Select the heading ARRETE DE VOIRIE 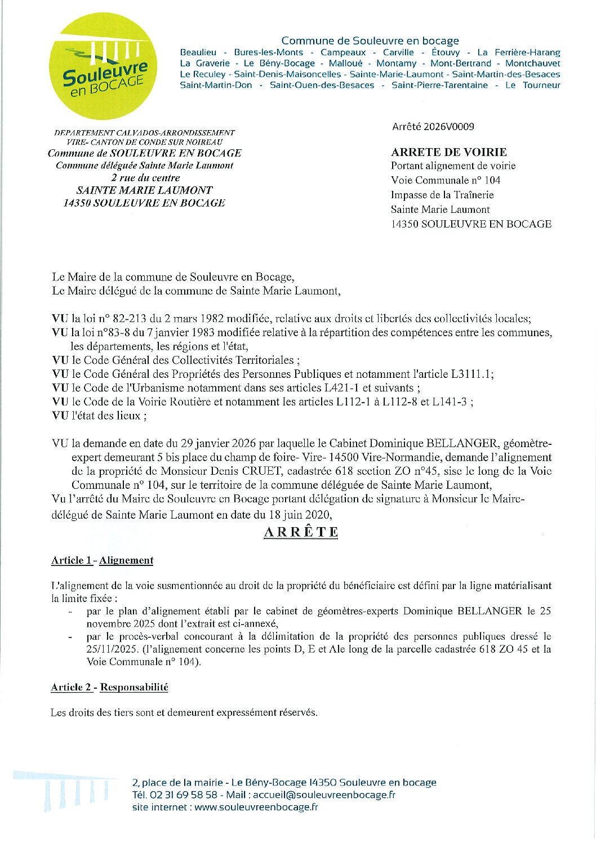[448, 152]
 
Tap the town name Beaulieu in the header [198, 52]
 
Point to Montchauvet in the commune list [532, 63]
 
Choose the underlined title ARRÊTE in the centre [301, 532]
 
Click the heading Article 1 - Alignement [102, 560]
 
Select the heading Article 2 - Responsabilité [109, 687]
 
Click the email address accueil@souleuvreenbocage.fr [324, 795]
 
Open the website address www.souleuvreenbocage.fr [256, 807]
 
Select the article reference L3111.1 [472, 374]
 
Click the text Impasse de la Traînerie [442, 195]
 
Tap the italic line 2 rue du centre [145, 178]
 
